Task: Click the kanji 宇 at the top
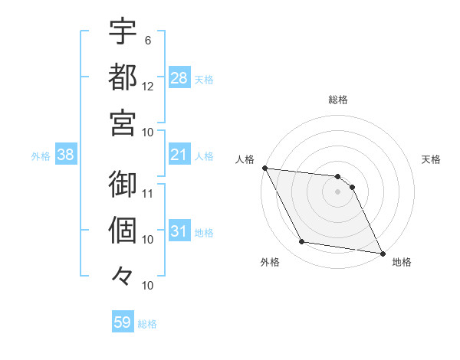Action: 123,31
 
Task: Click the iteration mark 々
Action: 123,275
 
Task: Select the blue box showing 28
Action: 179,78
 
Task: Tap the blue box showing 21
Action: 179,155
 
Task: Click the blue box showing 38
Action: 66,155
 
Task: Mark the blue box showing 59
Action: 123,322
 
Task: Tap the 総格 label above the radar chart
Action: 337,100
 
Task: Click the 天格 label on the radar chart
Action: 431,159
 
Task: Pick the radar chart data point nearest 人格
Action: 264,168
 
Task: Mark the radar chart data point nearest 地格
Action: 382,253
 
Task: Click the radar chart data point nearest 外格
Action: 302,242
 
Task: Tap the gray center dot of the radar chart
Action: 337,191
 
